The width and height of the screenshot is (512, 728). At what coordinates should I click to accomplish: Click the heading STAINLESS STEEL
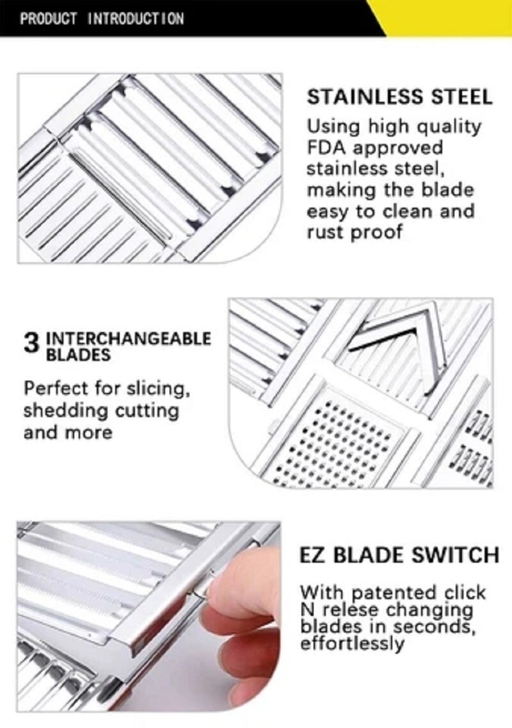399,97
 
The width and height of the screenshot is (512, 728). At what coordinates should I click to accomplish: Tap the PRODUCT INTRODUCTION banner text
102,18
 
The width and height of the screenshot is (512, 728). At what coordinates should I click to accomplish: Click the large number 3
31,343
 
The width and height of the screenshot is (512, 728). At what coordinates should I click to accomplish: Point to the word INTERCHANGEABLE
128,338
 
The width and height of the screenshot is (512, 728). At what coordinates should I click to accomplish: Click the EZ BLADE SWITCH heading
399,555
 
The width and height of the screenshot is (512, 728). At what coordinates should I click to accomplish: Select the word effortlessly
352,643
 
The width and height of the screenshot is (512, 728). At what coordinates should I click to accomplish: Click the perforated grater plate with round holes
339,442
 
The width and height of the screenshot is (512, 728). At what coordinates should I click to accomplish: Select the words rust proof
354,232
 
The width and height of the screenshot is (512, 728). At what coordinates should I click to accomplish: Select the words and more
67,433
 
